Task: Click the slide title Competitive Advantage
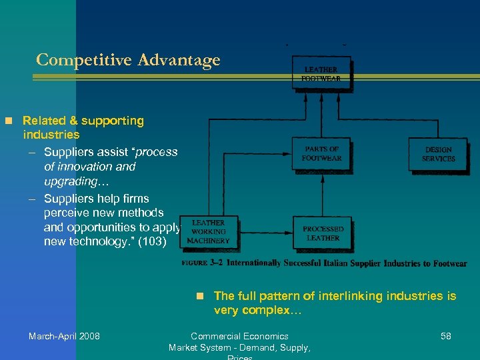(128, 60)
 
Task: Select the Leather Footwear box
(322, 73)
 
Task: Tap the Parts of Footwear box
(322, 153)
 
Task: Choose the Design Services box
(438, 154)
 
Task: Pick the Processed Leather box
(323, 233)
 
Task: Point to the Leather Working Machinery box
(209, 231)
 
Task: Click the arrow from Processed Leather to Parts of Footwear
(322, 193)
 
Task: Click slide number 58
(446, 336)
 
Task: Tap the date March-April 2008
(64, 336)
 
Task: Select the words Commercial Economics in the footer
(239, 336)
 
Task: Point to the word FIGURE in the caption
(194, 263)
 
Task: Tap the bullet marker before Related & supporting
(9, 121)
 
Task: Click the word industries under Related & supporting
(51, 135)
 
